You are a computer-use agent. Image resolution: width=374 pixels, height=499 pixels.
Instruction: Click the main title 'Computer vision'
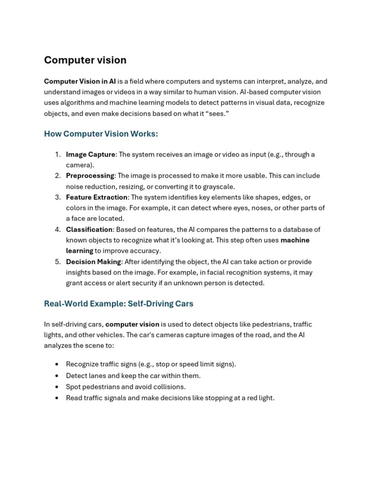pyautogui.click(x=85, y=60)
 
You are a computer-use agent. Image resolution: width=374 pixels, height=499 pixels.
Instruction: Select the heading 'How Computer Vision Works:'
pyautogui.click(x=101, y=134)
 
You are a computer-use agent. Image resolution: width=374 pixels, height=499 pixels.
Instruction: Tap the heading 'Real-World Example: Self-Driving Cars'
pyautogui.click(x=118, y=304)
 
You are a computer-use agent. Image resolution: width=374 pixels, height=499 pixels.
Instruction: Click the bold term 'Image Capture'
pyautogui.click(x=91, y=154)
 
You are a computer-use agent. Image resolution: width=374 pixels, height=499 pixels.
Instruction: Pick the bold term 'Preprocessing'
pyautogui.click(x=90, y=176)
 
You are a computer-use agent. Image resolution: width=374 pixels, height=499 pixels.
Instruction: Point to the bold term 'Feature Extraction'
pyautogui.click(x=96, y=197)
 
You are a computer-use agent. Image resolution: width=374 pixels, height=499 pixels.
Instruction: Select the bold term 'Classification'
pyautogui.click(x=89, y=230)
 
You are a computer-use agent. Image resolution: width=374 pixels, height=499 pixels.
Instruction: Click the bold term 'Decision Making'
pyautogui.click(x=93, y=262)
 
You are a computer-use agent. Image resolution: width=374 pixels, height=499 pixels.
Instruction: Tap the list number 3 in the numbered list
pyautogui.click(x=57, y=197)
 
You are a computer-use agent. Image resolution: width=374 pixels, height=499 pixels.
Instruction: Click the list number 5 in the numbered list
pyautogui.click(x=57, y=262)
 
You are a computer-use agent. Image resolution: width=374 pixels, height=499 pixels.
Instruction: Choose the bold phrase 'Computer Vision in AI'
pyautogui.click(x=80, y=81)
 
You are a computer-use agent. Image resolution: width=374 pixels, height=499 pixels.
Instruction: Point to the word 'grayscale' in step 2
pyautogui.click(x=218, y=187)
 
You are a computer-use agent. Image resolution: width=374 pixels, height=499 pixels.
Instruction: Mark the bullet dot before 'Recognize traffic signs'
pyautogui.click(x=57, y=365)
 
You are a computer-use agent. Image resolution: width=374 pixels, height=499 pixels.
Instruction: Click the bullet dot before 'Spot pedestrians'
pyautogui.click(x=57, y=387)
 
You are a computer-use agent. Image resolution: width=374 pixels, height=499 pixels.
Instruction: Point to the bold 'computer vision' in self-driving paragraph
pyautogui.click(x=132, y=325)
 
